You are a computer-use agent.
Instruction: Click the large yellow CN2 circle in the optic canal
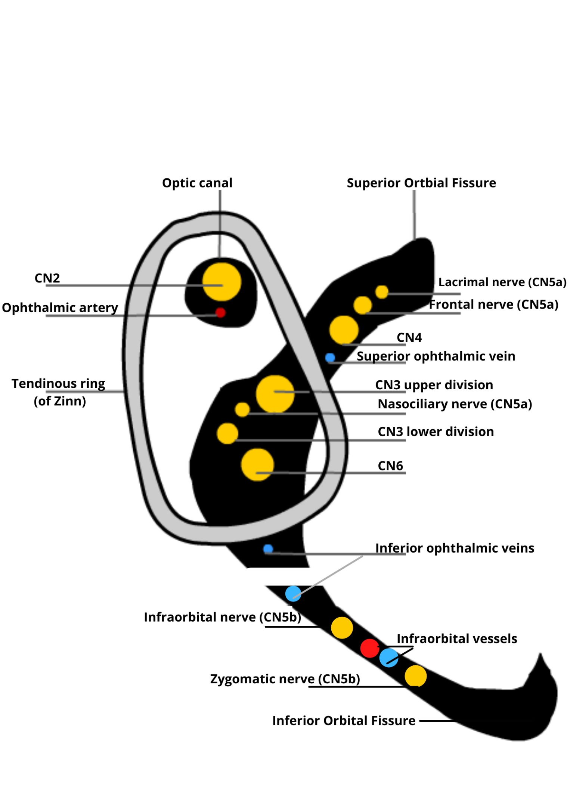pyautogui.click(x=222, y=282)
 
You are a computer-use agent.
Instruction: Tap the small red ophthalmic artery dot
pyautogui.click(x=220, y=312)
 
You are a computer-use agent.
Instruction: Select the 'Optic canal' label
pyautogui.click(x=197, y=183)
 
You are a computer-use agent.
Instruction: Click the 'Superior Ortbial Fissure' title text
pyautogui.click(x=421, y=183)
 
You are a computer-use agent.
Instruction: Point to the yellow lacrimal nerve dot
pyautogui.click(x=381, y=292)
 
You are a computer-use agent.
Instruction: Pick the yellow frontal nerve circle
pyautogui.click(x=362, y=305)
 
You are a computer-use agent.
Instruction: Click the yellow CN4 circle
pyautogui.click(x=344, y=330)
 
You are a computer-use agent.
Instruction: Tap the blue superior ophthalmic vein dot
pyautogui.click(x=330, y=358)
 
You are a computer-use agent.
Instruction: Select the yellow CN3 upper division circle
pyautogui.click(x=275, y=394)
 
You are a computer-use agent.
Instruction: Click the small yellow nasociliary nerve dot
pyautogui.click(x=242, y=409)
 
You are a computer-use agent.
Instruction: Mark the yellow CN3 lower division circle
pyautogui.click(x=227, y=433)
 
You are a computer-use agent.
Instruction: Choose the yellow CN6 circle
pyautogui.click(x=257, y=465)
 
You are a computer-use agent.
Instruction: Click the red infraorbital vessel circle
pyautogui.click(x=369, y=648)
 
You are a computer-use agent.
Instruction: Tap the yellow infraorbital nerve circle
pyautogui.click(x=342, y=628)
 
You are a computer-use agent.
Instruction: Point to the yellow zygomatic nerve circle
pyautogui.click(x=415, y=675)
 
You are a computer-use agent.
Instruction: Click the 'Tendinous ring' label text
pyautogui.click(x=58, y=384)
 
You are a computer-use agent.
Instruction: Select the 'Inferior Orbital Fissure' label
pyautogui.click(x=343, y=721)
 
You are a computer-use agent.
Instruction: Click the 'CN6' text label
pyautogui.click(x=390, y=466)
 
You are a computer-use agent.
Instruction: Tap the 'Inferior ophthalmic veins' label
pyautogui.click(x=454, y=548)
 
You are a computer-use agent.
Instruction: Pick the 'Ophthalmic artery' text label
pyautogui.click(x=60, y=307)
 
